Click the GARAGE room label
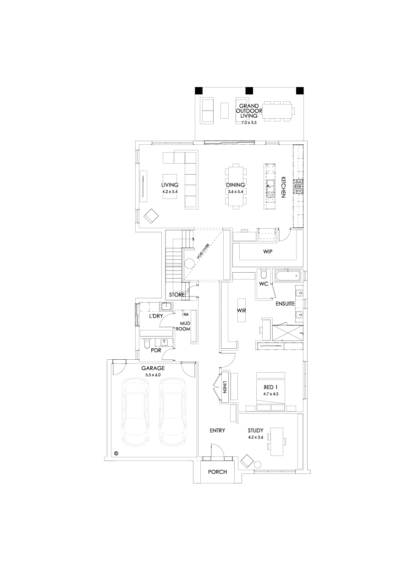(x=153, y=368)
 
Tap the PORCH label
(x=217, y=472)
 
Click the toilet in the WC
(x=264, y=275)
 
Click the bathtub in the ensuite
(x=287, y=276)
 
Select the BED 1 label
(x=270, y=387)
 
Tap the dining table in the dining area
(x=235, y=186)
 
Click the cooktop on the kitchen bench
(x=298, y=187)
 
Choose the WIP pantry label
(x=268, y=252)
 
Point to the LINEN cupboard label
(x=225, y=388)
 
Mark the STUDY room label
(x=255, y=430)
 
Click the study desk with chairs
(x=276, y=441)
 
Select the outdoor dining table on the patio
(x=277, y=111)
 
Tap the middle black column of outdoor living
(x=249, y=90)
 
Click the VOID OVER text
(x=203, y=252)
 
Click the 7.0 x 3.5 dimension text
(x=248, y=123)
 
